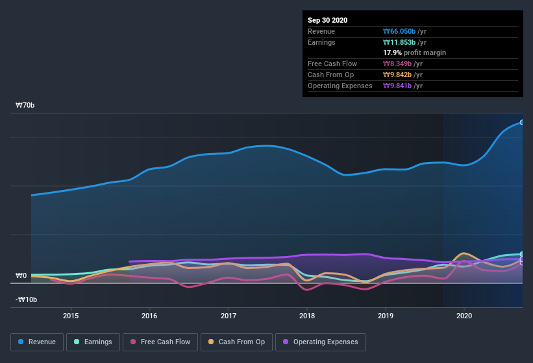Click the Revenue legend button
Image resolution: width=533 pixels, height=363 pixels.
(37, 342)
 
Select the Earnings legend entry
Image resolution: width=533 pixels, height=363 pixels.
(93, 342)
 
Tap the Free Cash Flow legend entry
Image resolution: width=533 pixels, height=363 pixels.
(160, 342)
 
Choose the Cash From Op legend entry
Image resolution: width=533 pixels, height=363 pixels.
(236, 342)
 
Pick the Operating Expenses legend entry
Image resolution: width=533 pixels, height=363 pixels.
(321, 342)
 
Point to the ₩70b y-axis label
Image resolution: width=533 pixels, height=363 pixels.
(26, 105)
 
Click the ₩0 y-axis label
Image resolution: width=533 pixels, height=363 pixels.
(21, 275)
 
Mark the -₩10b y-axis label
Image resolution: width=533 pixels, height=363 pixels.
(26, 299)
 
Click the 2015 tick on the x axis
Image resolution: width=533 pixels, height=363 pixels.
(71, 316)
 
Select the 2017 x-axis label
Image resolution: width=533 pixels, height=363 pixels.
(229, 316)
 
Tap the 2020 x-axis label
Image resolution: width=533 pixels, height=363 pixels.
(464, 316)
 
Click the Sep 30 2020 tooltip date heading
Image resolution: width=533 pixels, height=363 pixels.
(327, 20)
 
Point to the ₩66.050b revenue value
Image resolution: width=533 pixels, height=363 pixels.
(404, 31)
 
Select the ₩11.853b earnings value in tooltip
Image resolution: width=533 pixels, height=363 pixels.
(404, 42)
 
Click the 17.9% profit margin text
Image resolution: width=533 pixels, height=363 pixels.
(414, 53)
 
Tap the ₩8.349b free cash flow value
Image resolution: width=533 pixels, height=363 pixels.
(402, 64)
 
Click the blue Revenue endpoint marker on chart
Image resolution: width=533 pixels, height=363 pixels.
(521, 122)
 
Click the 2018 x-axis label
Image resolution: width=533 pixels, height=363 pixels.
(307, 316)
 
